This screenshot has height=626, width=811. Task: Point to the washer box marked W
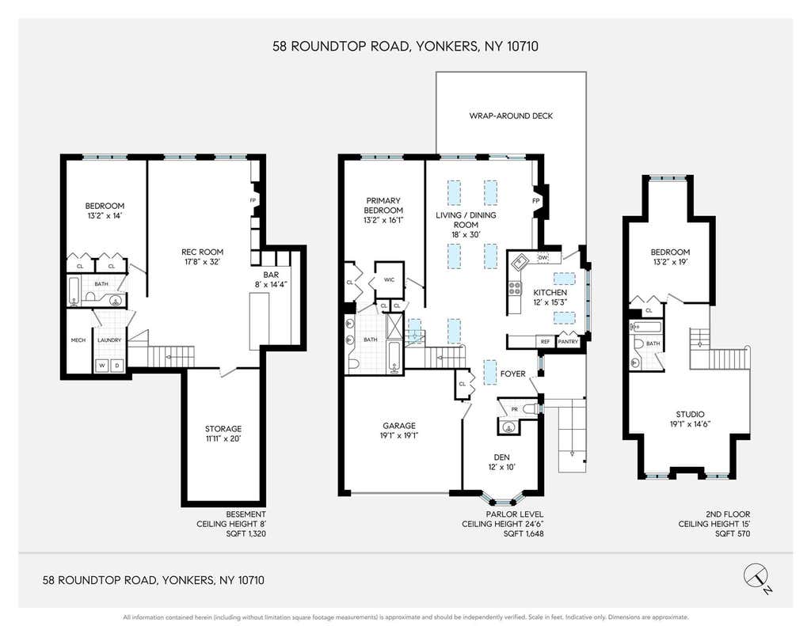tap(102, 366)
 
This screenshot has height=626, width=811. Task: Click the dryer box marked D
tap(117, 366)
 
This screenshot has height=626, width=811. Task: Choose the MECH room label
tap(78, 340)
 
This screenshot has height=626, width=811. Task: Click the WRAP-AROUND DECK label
tap(511, 116)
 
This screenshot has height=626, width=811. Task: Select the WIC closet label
tap(390, 279)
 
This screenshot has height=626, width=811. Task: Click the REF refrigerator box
tap(545, 342)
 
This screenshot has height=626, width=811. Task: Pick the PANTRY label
tap(568, 342)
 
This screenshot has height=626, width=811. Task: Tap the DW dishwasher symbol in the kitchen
tap(543, 257)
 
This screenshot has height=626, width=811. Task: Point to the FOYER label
tap(512, 374)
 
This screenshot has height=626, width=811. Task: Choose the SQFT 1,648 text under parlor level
tap(524, 533)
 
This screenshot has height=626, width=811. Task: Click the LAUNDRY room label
tap(109, 340)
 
